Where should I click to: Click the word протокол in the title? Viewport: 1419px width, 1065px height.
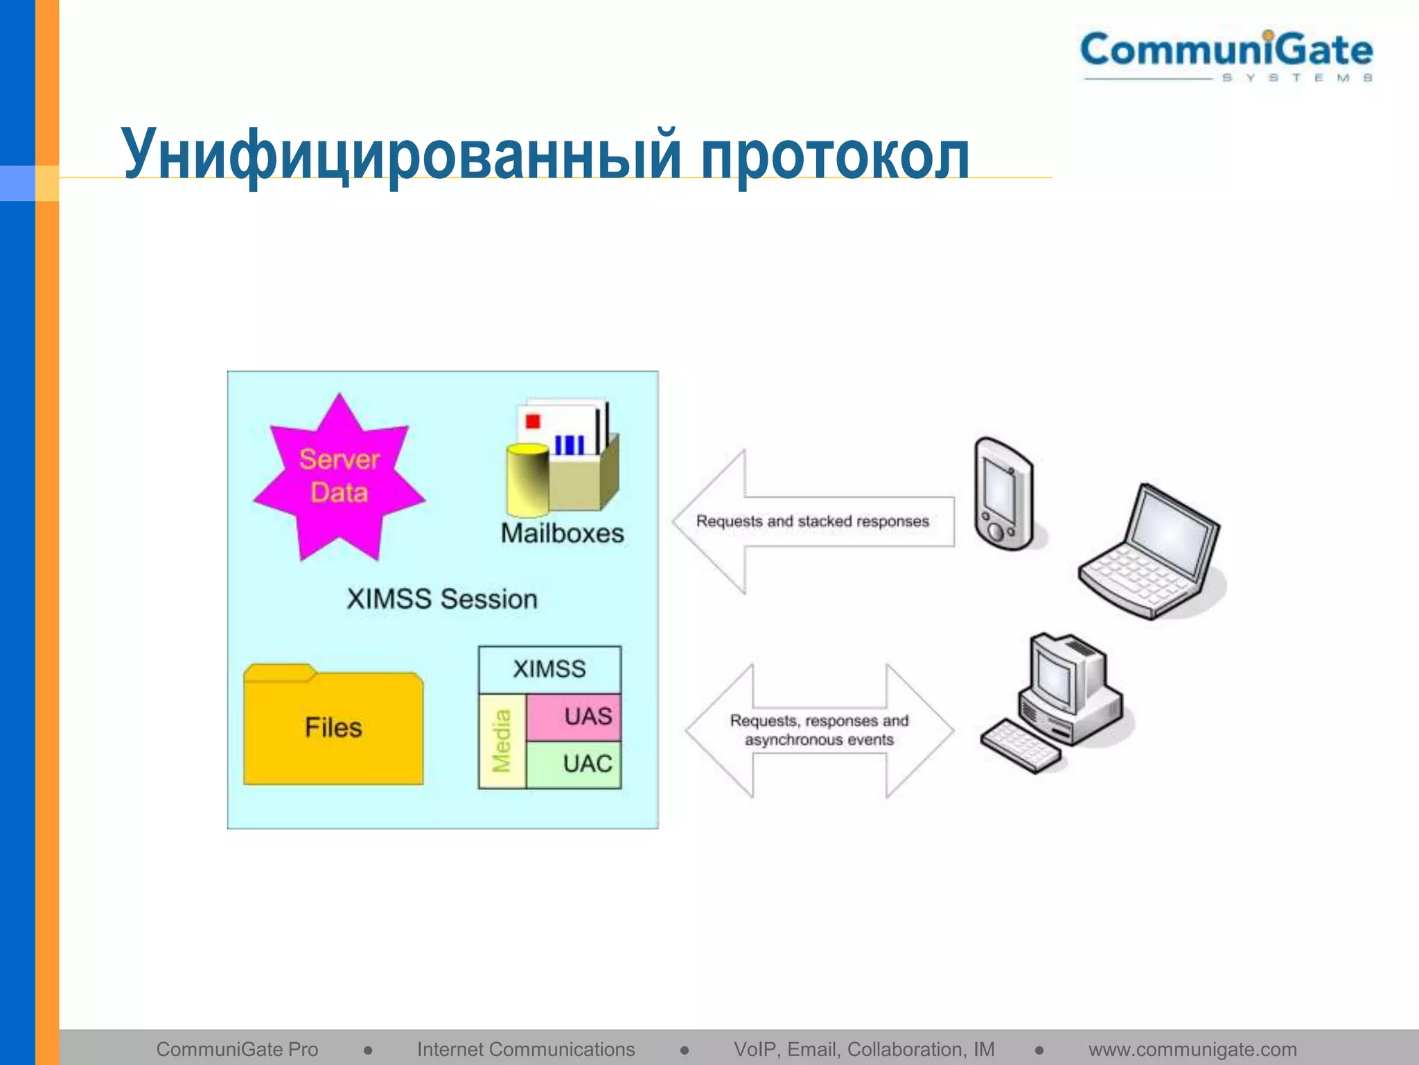[834, 155]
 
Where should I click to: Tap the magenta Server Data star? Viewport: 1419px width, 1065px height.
[339, 476]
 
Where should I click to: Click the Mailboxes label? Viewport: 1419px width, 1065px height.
[562, 533]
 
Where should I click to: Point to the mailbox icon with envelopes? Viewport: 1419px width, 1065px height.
[562, 458]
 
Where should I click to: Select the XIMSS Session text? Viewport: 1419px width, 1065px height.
[442, 599]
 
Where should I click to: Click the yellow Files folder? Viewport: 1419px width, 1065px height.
[333, 726]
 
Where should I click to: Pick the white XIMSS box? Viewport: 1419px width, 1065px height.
[549, 669]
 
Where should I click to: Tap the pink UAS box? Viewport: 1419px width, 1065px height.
[574, 716]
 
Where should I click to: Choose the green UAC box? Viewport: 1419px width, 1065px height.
[574, 764]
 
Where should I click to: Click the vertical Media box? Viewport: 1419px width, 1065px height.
[502, 741]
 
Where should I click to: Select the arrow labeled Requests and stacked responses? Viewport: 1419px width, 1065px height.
[812, 521]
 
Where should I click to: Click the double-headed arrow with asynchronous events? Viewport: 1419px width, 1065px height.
[819, 730]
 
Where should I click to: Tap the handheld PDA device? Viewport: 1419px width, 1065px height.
[1003, 494]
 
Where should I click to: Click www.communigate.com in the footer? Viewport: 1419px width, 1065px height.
[1192, 1049]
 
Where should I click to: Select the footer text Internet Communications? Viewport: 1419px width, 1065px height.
[526, 1049]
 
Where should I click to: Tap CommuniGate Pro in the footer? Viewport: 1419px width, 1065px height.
[237, 1049]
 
